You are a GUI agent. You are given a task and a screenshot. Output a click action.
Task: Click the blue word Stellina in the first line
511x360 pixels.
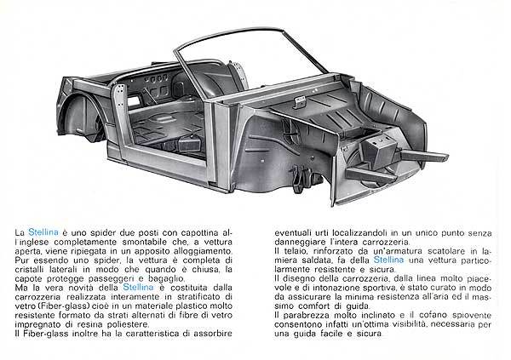[x=43, y=232]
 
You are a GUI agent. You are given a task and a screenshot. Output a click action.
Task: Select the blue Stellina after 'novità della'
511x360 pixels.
[x=138, y=287]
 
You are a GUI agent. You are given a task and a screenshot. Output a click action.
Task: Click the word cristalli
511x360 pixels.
[x=29, y=270]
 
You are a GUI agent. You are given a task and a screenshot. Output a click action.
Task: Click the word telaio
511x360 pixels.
[x=292, y=251]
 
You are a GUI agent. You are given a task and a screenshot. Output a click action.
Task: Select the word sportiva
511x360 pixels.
[x=377, y=288]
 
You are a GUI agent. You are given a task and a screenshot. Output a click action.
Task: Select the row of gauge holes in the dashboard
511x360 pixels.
[x=157, y=78]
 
